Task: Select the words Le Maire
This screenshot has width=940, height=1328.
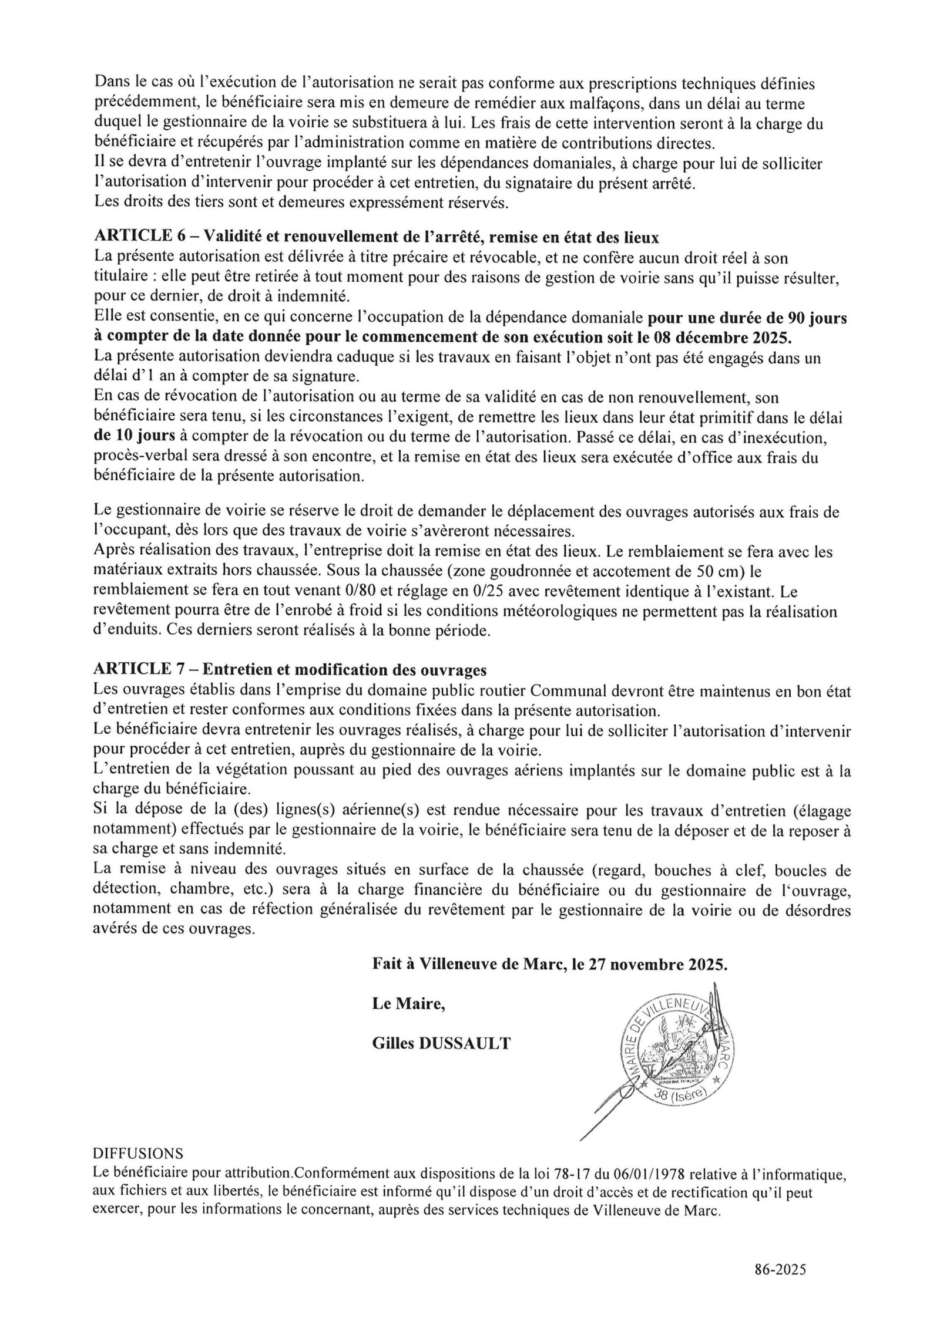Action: coord(407,1004)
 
